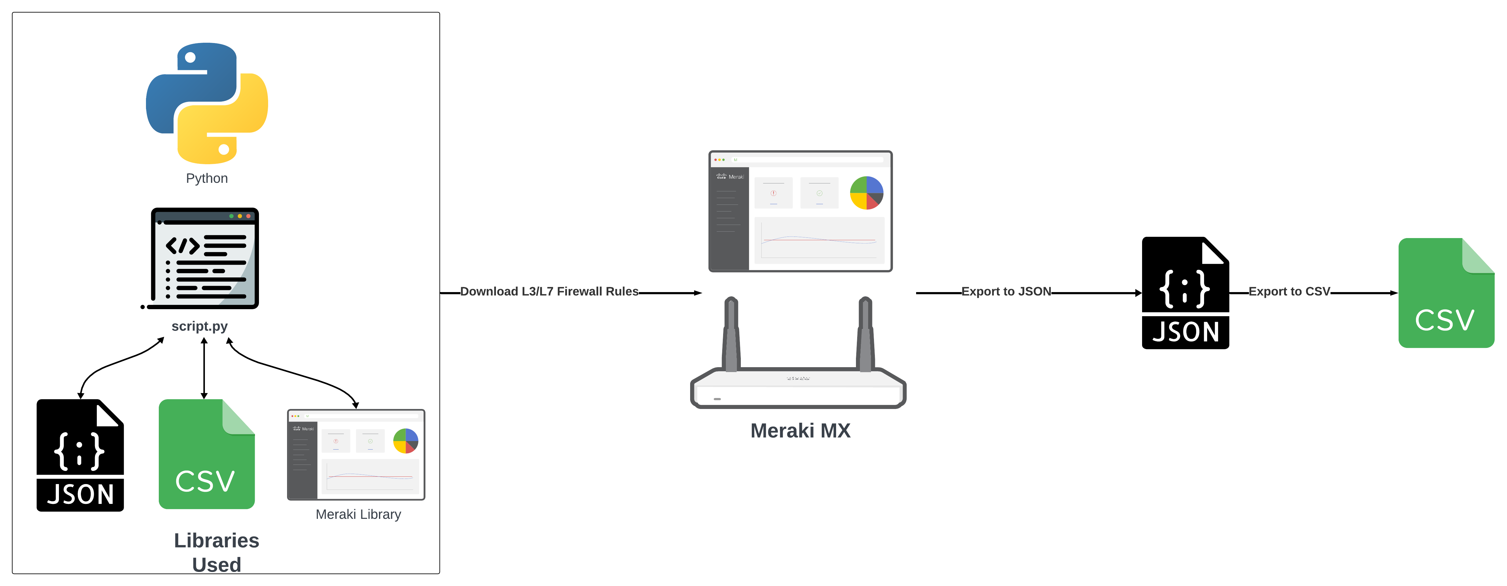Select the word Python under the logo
[x=206, y=178]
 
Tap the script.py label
[x=199, y=326]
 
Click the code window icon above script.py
[x=204, y=259]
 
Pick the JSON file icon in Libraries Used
[x=80, y=456]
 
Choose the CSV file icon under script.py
[x=206, y=454]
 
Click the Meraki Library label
[x=358, y=515]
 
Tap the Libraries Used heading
[x=217, y=552]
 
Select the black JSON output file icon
[x=1185, y=293]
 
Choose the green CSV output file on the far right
[x=1446, y=293]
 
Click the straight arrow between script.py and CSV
[x=204, y=368]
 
